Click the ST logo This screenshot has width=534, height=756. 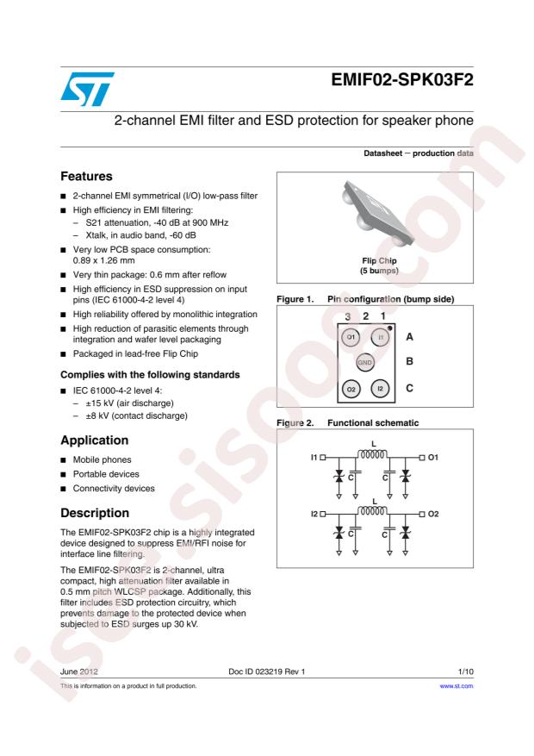(x=87, y=89)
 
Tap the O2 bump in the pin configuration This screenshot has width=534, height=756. (x=351, y=389)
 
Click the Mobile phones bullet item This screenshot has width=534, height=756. (x=103, y=459)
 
